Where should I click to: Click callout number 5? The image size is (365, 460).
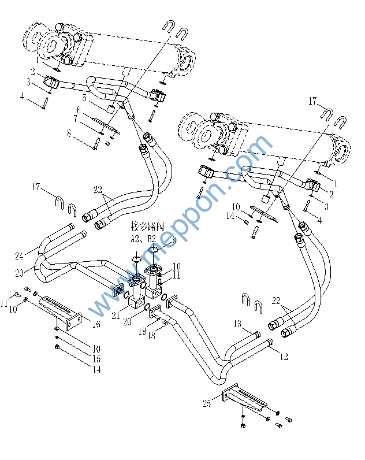pyautogui.click(x=84, y=98)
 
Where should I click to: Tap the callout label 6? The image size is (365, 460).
pyautogui.click(x=79, y=110)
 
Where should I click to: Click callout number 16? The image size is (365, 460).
pyautogui.click(x=96, y=325)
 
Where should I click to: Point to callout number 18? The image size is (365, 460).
pyautogui.click(x=152, y=336)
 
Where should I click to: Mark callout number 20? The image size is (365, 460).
pyautogui.click(x=126, y=321)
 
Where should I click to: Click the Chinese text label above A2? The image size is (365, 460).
pyautogui.click(x=147, y=226)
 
